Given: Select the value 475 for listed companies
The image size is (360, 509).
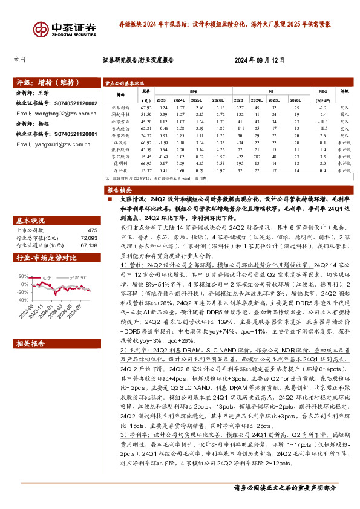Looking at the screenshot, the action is point(92,230).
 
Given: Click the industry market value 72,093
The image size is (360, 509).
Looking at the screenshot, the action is point(88,238).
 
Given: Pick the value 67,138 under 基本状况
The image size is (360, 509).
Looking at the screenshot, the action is point(88,245).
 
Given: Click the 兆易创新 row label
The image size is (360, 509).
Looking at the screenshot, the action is point(121,107).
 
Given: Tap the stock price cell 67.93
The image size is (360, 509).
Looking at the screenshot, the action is point(145,107).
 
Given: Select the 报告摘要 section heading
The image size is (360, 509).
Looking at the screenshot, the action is point(120,190).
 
